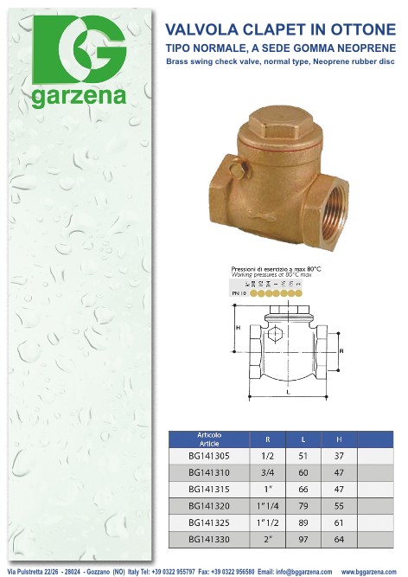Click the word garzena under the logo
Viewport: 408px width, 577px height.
point(80,98)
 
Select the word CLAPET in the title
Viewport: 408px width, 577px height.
point(278,29)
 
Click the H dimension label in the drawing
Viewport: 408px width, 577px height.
point(237,328)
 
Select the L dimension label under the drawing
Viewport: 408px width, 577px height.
point(288,392)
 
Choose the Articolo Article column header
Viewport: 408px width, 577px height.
point(210,438)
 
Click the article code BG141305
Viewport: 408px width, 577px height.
point(210,456)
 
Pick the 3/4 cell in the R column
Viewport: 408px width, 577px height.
point(268,472)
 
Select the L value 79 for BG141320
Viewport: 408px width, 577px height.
point(303,505)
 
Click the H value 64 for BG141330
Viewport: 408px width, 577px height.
point(339,538)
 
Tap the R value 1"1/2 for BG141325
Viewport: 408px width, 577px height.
point(268,522)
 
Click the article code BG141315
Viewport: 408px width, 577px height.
point(210,489)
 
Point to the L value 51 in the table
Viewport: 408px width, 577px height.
point(303,456)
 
